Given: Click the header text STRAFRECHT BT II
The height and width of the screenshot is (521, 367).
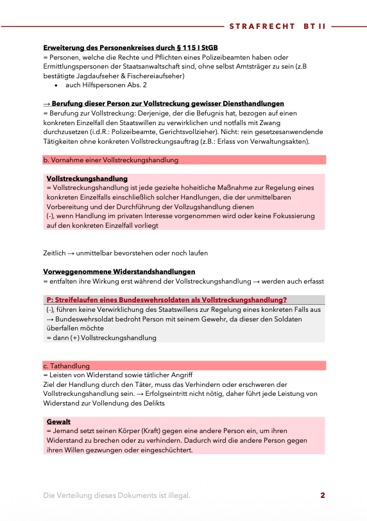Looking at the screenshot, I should click(x=277, y=27).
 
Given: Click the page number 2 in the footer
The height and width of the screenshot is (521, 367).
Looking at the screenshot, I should click(x=323, y=495).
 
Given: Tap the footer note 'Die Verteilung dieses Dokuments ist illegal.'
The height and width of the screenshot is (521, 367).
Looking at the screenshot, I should click(x=116, y=495).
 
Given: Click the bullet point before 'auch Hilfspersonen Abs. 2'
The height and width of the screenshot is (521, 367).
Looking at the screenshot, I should click(x=57, y=85).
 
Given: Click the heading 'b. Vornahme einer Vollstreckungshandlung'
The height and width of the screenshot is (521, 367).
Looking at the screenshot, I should click(x=110, y=160).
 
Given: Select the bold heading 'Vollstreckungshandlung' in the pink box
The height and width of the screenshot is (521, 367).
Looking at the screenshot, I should click(x=87, y=178).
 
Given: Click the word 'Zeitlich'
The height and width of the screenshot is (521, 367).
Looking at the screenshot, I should click(x=55, y=253).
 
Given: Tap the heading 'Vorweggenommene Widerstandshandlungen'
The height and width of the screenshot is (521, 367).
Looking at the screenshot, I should click(x=119, y=272).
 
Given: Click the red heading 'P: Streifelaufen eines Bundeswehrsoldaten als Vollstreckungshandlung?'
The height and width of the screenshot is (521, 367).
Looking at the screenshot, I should click(x=166, y=300).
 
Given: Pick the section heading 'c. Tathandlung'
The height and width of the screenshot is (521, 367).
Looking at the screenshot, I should click(x=66, y=366).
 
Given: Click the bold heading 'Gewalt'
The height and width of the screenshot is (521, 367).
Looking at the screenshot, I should click(x=58, y=422).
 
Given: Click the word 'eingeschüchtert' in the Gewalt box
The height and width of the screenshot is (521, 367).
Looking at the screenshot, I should click(x=166, y=450).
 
